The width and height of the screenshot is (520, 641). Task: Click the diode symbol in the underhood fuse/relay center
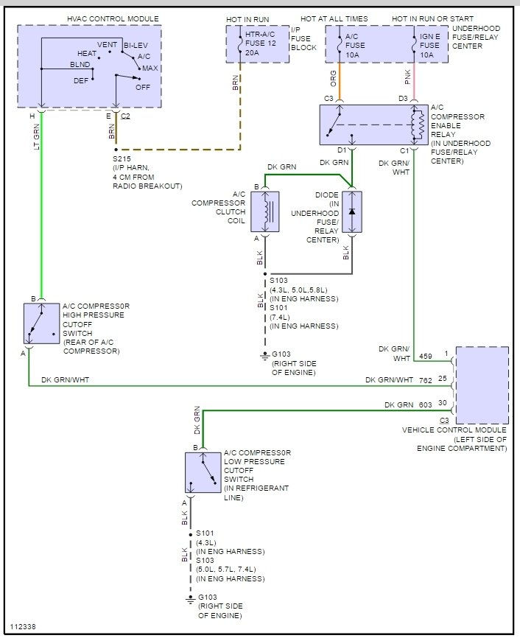(x=351, y=211)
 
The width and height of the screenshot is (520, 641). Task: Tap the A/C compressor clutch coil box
(x=265, y=211)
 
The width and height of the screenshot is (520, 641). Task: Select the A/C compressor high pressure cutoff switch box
(x=42, y=323)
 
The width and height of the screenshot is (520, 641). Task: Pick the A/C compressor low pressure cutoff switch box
(x=203, y=472)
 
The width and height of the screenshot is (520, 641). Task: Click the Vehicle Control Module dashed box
(x=482, y=385)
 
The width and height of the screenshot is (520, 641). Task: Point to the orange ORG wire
(x=340, y=81)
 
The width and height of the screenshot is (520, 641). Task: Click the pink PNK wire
(x=414, y=81)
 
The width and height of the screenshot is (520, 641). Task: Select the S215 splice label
(x=122, y=158)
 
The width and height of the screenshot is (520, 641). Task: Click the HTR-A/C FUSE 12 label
(x=261, y=39)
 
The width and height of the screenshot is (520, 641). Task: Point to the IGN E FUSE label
(x=429, y=41)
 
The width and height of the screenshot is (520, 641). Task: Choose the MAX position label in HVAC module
(x=150, y=69)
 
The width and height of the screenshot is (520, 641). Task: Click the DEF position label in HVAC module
(x=81, y=80)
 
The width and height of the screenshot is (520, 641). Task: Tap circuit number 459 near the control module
(x=426, y=356)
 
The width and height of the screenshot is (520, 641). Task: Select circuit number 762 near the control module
(x=426, y=380)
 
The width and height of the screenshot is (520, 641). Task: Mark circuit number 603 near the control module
(x=426, y=404)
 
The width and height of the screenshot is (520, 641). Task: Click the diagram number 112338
(x=23, y=627)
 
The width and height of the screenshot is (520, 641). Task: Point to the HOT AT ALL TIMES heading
(x=334, y=19)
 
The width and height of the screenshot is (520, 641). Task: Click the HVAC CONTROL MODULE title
(x=113, y=19)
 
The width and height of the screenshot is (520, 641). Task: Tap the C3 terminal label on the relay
(x=328, y=99)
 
